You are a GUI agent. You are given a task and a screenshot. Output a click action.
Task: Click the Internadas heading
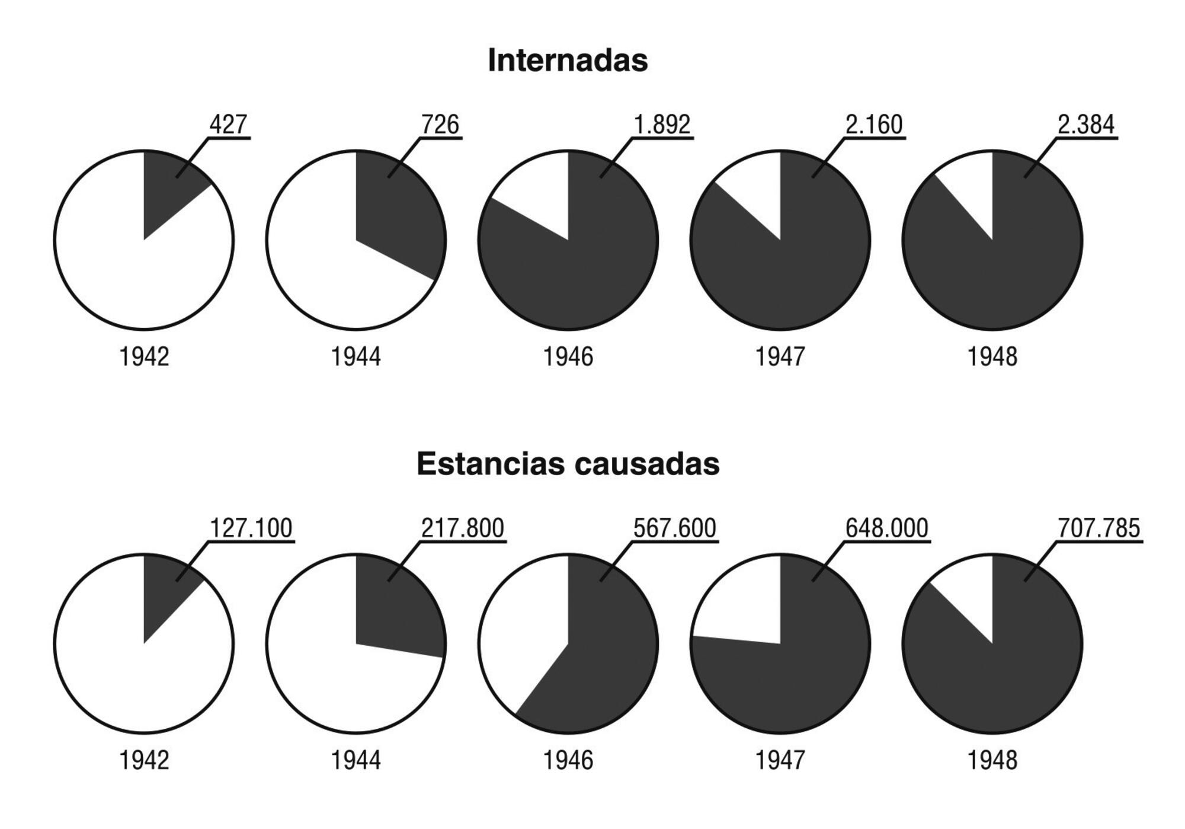point(568,60)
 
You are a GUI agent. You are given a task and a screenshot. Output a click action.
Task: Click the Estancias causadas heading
point(568,464)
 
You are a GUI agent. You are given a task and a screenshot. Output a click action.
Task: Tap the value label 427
point(228,125)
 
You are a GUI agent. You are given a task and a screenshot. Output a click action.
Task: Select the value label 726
point(440,125)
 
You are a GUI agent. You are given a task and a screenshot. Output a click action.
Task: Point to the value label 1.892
point(662,125)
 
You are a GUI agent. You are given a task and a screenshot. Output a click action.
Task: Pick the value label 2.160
point(874,125)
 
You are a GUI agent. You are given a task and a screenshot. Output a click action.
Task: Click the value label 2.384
point(1086,125)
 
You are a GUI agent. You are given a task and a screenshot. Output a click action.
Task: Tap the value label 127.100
point(251,528)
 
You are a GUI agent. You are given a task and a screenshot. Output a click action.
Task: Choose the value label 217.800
point(463,528)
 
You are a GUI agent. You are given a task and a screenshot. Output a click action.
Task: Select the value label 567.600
point(675,528)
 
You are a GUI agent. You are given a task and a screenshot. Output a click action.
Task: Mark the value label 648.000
point(887,528)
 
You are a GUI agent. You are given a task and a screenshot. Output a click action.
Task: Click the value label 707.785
point(1099,528)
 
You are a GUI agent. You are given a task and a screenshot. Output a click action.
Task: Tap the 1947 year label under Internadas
point(780,357)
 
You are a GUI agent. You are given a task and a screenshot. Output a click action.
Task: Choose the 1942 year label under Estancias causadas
point(144,760)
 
